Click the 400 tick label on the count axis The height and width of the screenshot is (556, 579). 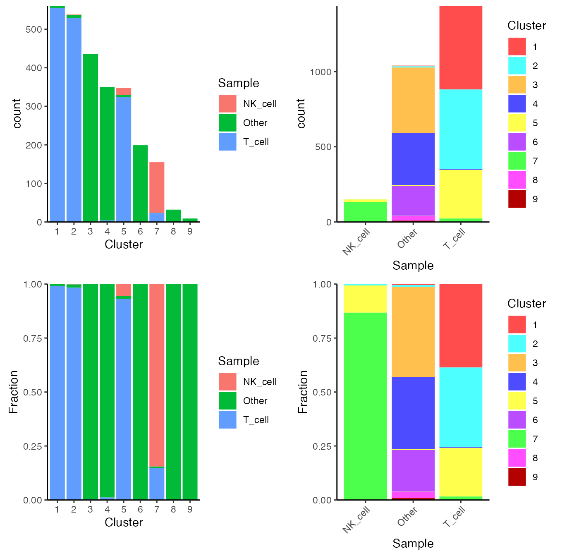(x=34, y=68)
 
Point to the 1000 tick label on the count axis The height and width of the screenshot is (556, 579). (x=321, y=72)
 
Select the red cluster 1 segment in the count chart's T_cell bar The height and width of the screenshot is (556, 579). (x=461, y=48)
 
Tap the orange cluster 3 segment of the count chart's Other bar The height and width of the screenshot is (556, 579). (x=413, y=100)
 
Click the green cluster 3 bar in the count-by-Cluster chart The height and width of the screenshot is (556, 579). (x=91, y=138)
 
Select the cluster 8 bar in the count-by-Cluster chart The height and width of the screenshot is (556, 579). (x=173, y=216)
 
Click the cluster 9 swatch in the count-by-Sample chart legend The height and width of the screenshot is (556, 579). (x=517, y=199)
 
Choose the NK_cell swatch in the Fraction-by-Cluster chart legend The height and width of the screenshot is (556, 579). (x=227, y=382)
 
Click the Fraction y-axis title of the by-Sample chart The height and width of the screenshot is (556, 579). (x=303, y=392)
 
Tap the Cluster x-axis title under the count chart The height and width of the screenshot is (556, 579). (x=124, y=244)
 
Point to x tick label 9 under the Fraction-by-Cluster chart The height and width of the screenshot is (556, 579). (x=190, y=510)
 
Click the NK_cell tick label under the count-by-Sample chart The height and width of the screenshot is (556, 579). (x=356, y=242)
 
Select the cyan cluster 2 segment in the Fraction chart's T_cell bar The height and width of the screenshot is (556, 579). (x=461, y=407)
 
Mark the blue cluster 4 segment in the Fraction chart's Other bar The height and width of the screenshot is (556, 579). (x=413, y=413)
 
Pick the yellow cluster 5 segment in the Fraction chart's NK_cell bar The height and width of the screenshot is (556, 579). (x=366, y=299)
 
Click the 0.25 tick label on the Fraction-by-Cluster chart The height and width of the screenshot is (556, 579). (x=33, y=446)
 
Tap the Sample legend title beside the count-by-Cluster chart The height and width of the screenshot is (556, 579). (x=239, y=83)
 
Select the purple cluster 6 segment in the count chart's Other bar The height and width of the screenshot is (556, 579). (x=413, y=201)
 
